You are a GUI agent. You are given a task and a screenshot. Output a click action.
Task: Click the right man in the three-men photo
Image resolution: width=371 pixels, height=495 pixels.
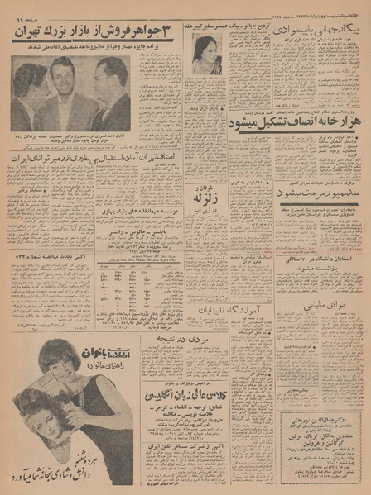[x=111, y=95]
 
